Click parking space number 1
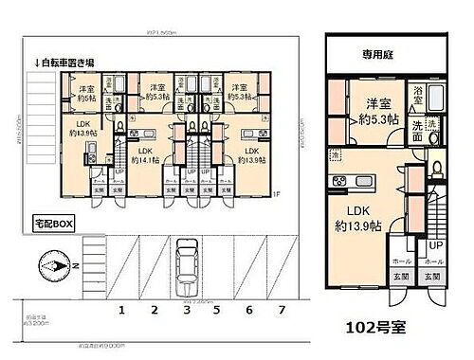(x=121, y=310)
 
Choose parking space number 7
(x=281, y=310)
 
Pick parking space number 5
(x=217, y=310)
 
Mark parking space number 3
(x=187, y=310)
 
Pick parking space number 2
(x=154, y=310)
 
